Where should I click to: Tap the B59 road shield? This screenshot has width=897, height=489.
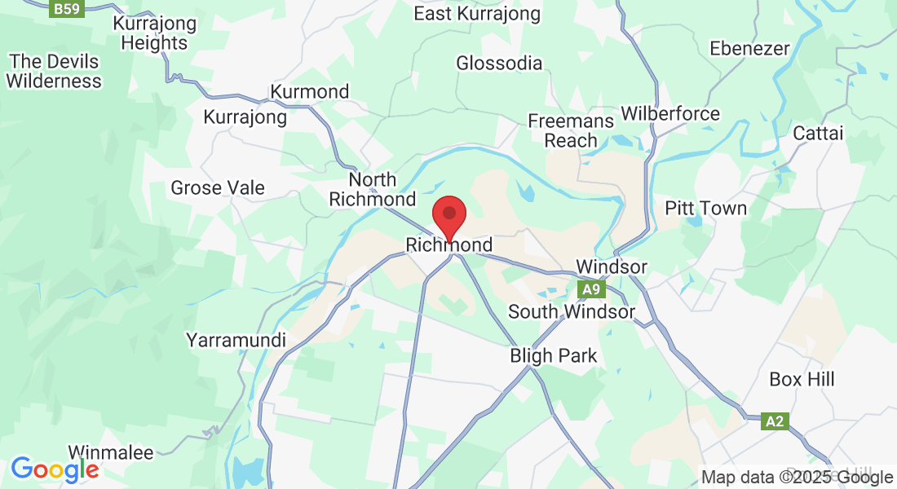click(67, 9)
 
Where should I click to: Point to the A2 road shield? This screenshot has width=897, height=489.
click(775, 421)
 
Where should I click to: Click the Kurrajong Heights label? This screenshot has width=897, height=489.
click(155, 33)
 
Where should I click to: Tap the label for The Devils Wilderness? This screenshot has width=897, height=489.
click(55, 71)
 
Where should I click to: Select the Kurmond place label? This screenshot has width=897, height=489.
click(310, 91)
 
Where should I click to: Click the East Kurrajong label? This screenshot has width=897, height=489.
click(477, 14)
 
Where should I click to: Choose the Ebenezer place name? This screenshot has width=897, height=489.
click(749, 49)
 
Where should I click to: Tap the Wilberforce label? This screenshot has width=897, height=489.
click(670, 113)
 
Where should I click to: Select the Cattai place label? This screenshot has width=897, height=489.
click(818, 134)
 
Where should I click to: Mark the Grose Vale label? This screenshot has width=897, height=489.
click(218, 188)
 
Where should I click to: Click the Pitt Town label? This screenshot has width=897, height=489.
click(706, 209)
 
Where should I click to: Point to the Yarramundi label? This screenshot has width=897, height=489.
click(236, 340)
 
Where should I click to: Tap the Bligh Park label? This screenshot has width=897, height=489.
click(554, 356)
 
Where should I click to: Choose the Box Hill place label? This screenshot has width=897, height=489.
click(802, 380)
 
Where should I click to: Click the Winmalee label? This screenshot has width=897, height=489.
click(110, 452)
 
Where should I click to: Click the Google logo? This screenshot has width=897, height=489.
click(55, 469)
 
